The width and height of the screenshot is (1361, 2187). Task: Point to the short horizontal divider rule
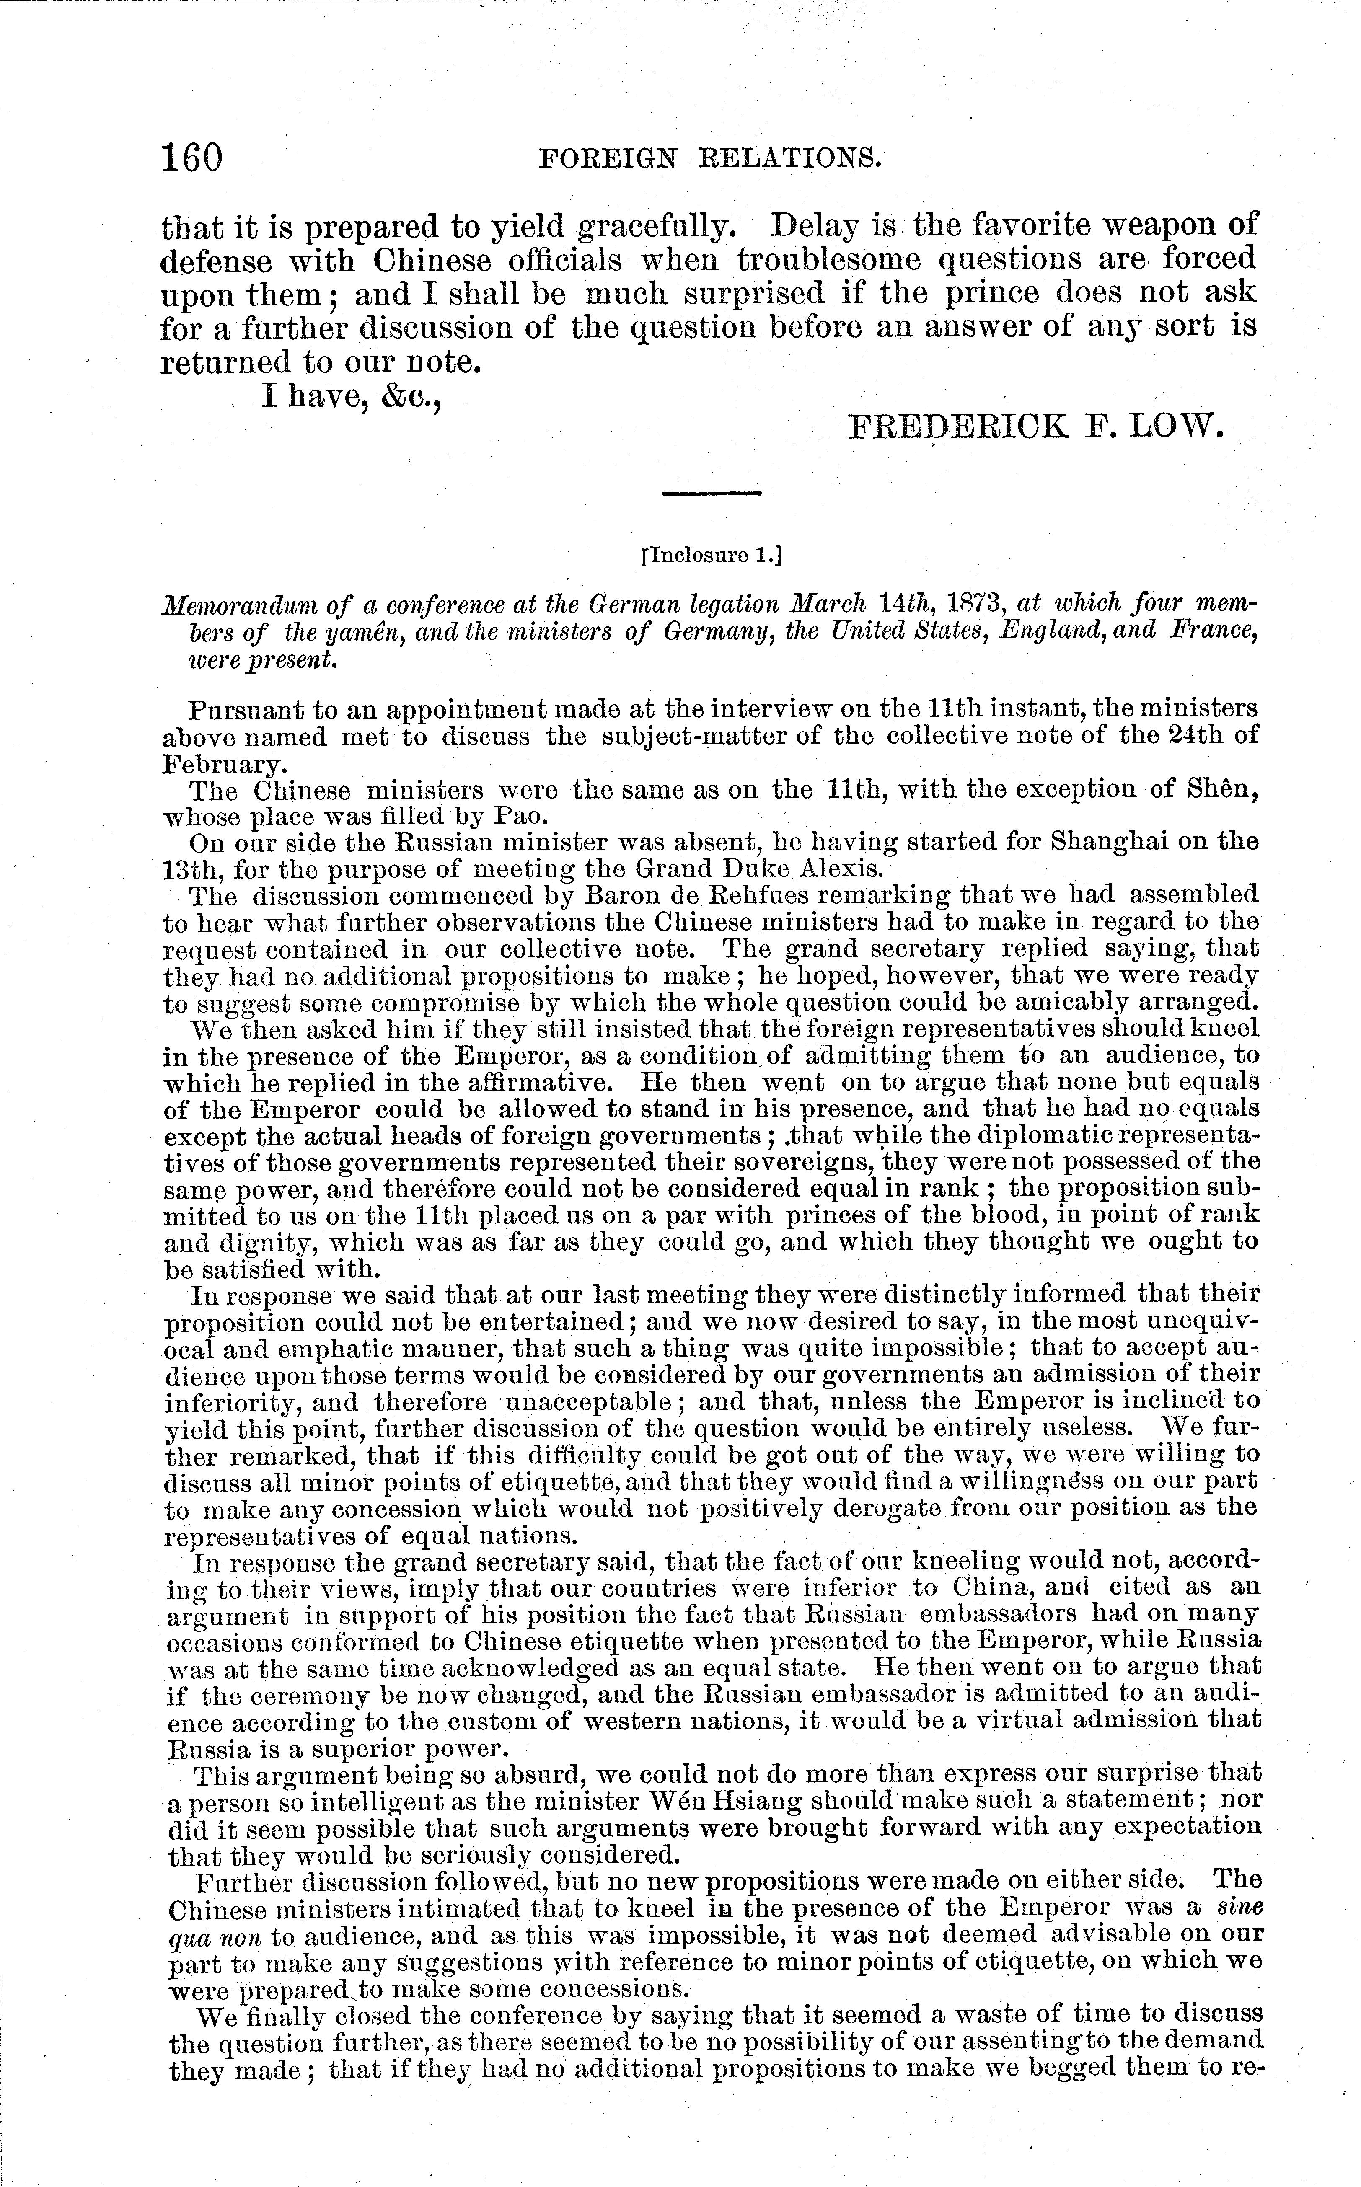[711, 493]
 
